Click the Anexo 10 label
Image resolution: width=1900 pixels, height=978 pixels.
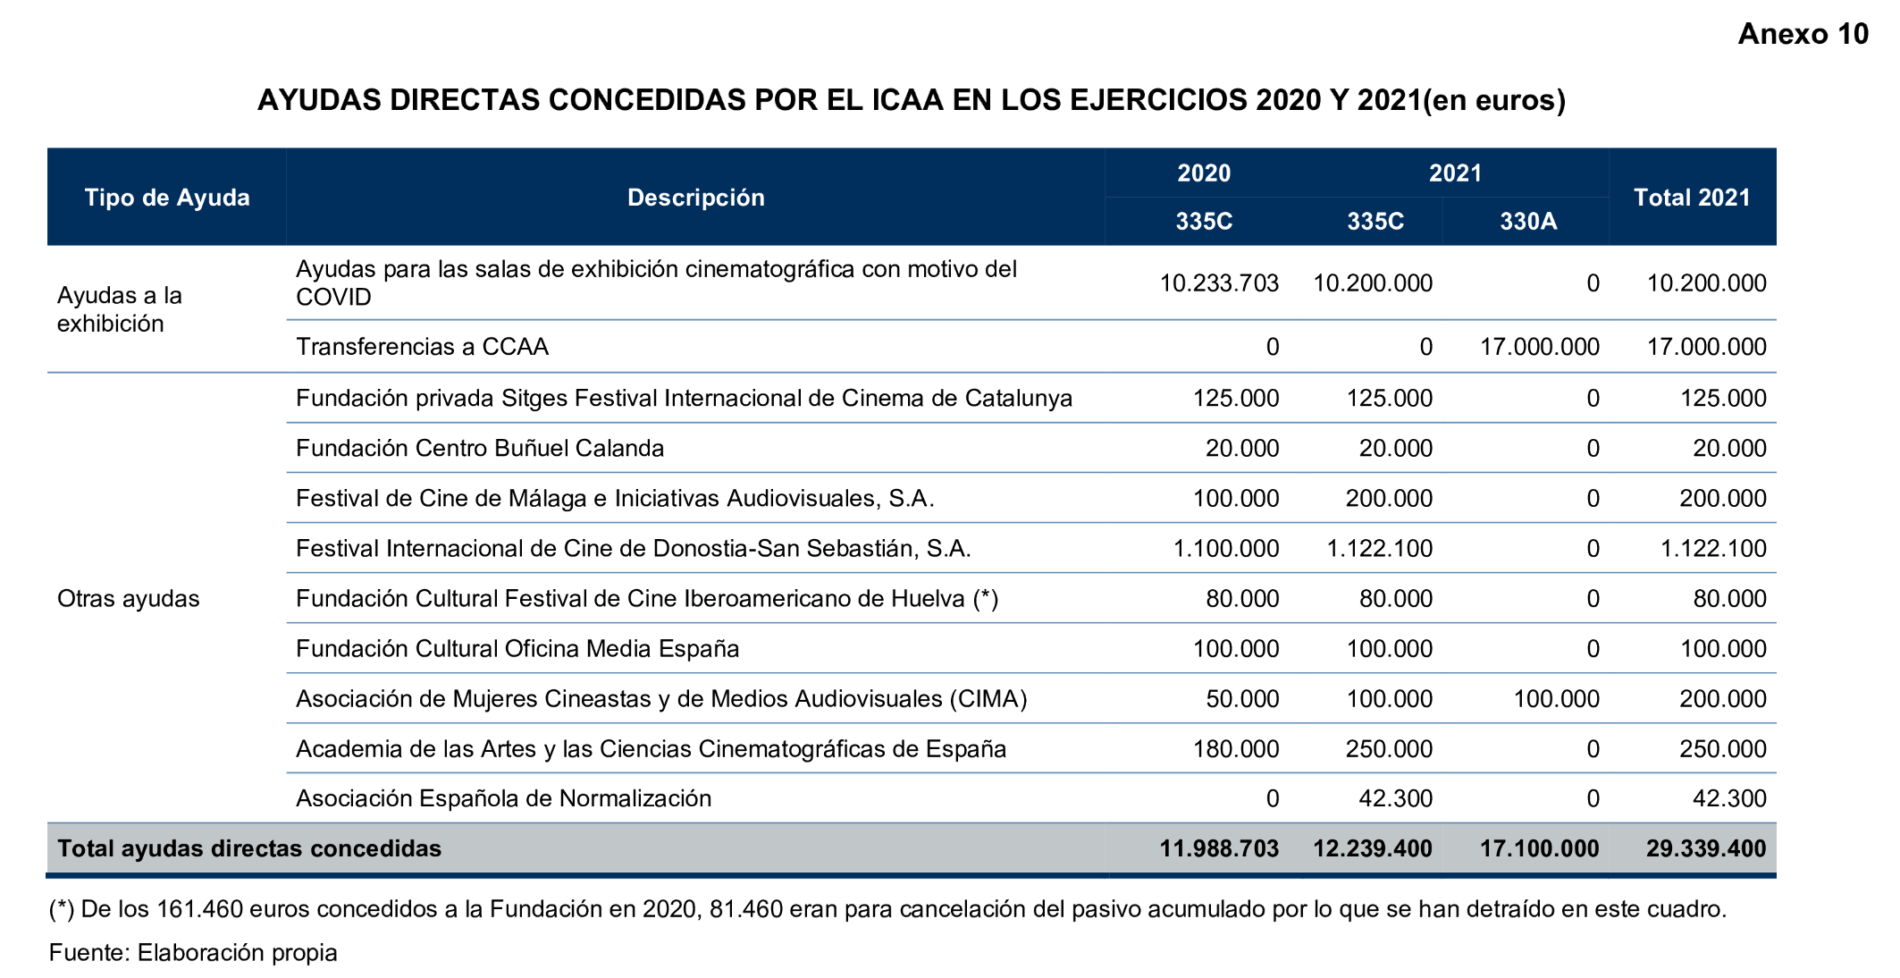1802,34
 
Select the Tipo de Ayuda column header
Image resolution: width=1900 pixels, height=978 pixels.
167,198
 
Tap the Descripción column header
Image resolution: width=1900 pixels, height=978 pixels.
695,198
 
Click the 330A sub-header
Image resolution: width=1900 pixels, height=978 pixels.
1527,222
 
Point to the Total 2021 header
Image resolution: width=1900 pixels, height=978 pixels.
1691,198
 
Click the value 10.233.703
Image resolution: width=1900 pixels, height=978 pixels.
1219,283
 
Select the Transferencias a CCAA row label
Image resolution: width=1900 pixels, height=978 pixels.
422,347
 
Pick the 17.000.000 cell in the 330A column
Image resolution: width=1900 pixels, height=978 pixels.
1539,347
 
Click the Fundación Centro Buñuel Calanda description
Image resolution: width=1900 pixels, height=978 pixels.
480,448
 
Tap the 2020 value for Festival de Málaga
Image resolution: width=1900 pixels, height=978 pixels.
1236,498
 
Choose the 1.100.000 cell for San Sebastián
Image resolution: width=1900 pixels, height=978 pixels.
1225,548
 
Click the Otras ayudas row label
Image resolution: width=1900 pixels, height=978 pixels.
128,598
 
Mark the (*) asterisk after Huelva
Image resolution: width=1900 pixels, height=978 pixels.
986,598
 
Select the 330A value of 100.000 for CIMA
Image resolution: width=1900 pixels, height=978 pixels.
1556,698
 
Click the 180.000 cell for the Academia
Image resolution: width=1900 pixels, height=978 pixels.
1236,748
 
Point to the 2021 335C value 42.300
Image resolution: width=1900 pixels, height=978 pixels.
1395,798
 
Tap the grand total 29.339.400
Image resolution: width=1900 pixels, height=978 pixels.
1705,848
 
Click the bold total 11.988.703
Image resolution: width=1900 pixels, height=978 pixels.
1219,848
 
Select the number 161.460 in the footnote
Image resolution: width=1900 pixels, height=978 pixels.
199,909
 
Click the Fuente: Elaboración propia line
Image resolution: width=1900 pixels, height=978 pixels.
193,953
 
